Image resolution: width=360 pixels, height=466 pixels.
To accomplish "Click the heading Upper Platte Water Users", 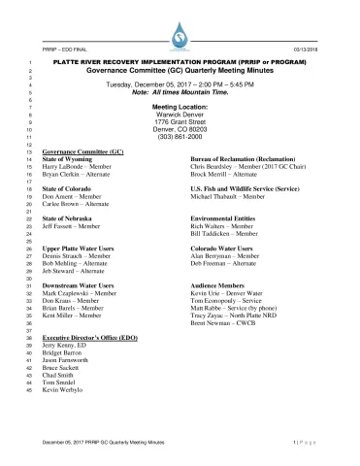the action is [x=75, y=249].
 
